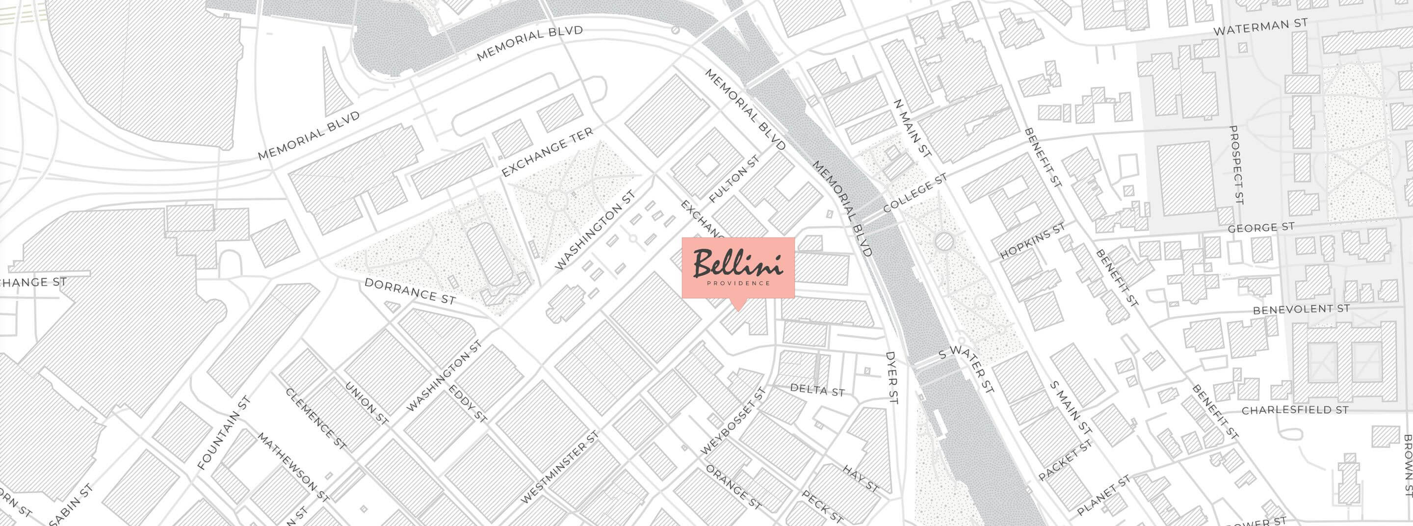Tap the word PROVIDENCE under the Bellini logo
[738, 284]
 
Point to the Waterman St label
[1260, 27]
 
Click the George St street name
[1260, 228]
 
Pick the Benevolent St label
[1301, 309]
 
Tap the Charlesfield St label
[1295, 410]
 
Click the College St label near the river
[915, 194]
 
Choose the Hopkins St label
[1032, 241]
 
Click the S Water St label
[966, 369]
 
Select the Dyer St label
[891, 378]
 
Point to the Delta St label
[817, 390]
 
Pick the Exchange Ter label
[547, 153]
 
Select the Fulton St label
[734, 179]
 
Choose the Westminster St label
[559, 467]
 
